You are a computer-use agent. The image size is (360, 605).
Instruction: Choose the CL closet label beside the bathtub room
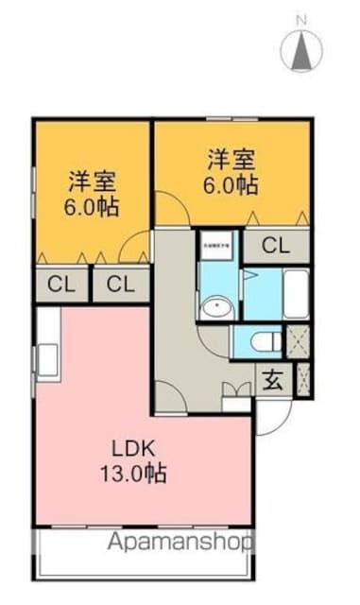(x=275, y=248)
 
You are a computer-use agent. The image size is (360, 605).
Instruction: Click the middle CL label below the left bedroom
(x=119, y=284)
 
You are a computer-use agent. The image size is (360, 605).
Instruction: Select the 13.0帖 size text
(x=135, y=474)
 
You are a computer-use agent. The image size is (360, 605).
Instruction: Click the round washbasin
(x=218, y=307)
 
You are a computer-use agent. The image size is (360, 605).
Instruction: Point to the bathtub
(x=295, y=295)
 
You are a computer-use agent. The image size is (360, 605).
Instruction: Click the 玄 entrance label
(x=271, y=383)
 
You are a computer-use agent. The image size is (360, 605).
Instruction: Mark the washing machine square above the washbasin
(x=217, y=248)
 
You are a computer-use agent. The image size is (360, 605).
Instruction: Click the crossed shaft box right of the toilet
(x=298, y=341)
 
